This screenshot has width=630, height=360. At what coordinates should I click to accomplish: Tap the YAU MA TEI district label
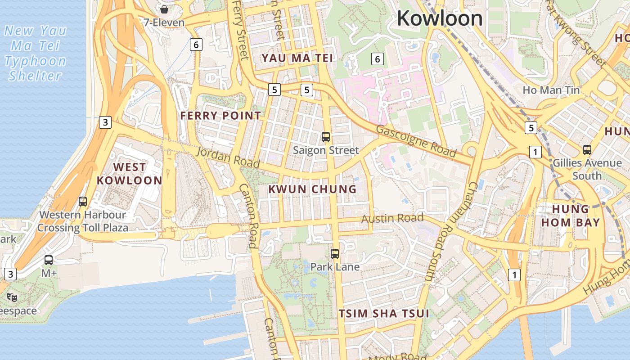click(x=297, y=58)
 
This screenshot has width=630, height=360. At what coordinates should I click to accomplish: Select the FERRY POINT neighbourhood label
click(x=220, y=116)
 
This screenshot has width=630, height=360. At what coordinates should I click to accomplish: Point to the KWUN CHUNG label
click(x=312, y=189)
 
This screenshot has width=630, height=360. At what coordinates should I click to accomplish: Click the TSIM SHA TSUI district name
click(x=384, y=313)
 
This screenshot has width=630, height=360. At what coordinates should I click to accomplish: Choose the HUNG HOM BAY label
click(x=570, y=216)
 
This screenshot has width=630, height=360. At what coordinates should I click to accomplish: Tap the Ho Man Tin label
click(x=551, y=90)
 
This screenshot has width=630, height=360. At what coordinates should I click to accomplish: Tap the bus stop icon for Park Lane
click(x=335, y=253)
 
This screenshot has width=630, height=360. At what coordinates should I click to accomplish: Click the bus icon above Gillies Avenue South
click(x=587, y=149)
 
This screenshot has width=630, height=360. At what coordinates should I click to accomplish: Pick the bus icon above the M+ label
click(x=49, y=260)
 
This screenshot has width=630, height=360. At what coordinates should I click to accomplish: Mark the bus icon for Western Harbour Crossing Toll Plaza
click(x=83, y=201)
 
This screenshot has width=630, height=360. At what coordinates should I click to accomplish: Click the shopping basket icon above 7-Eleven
click(x=164, y=9)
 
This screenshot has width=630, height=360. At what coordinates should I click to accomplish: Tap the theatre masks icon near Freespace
click(x=12, y=297)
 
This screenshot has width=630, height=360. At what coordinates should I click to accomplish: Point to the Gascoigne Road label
click(x=416, y=141)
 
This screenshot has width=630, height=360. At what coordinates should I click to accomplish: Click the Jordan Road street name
click(x=228, y=157)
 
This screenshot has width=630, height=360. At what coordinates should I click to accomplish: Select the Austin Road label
click(x=392, y=219)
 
